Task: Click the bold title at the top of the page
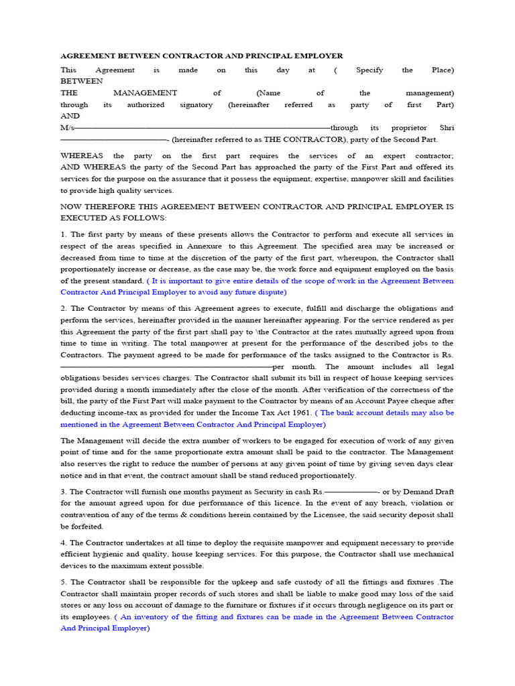[x=201, y=56]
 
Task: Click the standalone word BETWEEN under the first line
[x=82, y=81]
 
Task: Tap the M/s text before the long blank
[x=67, y=127]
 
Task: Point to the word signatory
[x=196, y=105]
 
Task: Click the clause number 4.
[x=63, y=543]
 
